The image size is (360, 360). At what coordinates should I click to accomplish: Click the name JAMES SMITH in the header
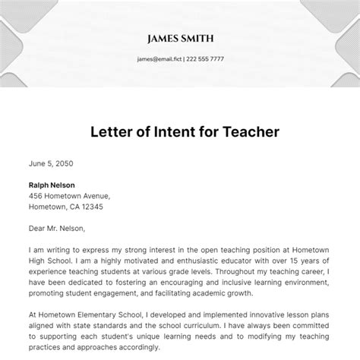point(180,37)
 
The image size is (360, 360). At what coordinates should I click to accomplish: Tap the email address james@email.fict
point(159,58)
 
